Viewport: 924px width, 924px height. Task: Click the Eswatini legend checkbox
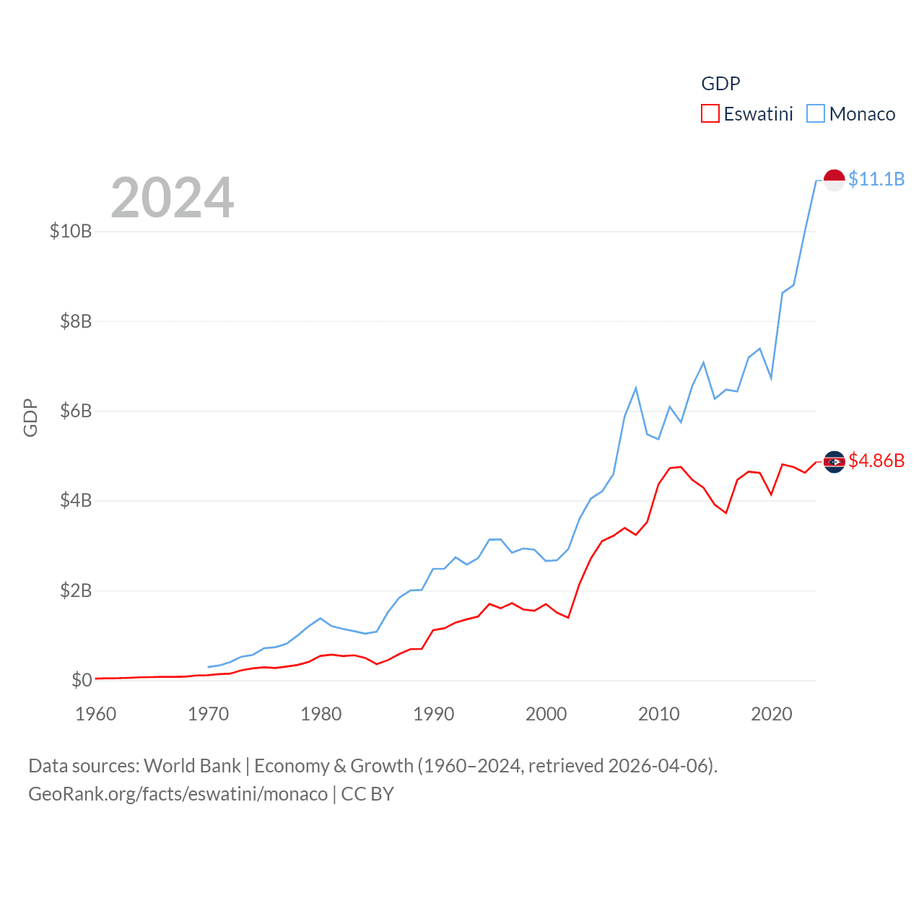coord(710,114)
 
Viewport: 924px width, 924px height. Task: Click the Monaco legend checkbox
coord(816,114)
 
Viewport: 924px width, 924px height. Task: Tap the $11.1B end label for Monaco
coord(876,179)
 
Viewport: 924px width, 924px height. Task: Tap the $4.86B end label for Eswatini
coord(876,461)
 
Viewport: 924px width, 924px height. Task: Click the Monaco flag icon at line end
coord(834,180)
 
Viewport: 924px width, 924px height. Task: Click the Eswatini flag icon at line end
coord(834,462)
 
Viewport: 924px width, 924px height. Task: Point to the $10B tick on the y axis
coord(71,231)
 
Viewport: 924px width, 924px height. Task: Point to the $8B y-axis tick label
coord(76,321)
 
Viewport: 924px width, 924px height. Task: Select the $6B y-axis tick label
coord(76,411)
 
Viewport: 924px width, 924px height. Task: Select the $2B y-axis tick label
coord(76,590)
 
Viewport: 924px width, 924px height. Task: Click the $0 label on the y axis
coord(82,680)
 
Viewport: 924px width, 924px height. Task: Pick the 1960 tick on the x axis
coord(96,714)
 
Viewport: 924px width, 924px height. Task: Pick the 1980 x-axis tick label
coord(321,714)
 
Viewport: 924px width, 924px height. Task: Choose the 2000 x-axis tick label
coord(546,714)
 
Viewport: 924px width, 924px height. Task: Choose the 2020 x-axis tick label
coord(772,714)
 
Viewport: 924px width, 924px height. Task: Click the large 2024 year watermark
coord(173,198)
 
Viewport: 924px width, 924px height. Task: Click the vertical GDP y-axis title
coord(30,417)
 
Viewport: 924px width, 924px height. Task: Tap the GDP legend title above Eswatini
coord(720,84)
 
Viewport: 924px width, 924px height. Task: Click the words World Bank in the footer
coord(193,766)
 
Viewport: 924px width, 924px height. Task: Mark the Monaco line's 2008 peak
coord(636,388)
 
